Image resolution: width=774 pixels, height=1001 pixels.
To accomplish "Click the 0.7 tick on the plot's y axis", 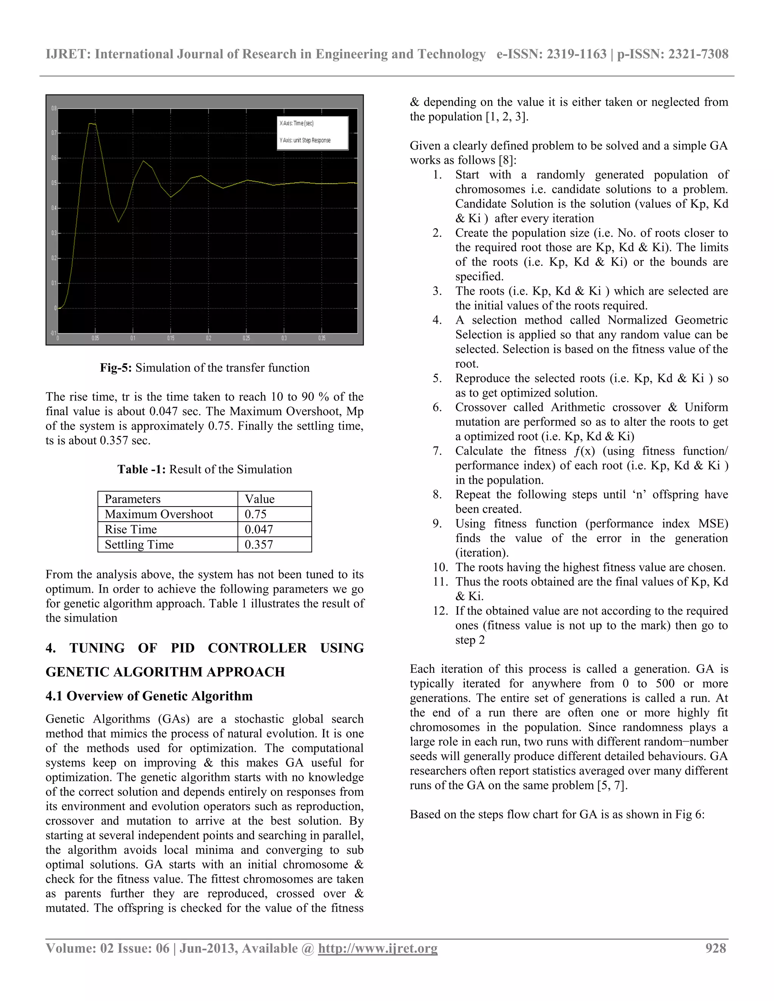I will coord(54,133).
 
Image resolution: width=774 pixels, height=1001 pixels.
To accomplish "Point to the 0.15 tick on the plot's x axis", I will coord(170,338).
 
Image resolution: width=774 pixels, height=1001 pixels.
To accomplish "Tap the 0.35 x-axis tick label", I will coord(322,338).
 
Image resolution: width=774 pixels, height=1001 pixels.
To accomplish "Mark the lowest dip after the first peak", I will coord(118,222).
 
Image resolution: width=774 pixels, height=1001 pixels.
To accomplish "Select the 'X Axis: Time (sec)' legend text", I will coord(297,123).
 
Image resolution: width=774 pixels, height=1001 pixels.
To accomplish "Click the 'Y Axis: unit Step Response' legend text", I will coord(305,140).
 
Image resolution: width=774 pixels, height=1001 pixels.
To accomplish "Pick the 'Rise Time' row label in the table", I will coord(131,529).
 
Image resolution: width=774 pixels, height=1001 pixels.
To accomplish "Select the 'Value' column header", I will coord(260,499).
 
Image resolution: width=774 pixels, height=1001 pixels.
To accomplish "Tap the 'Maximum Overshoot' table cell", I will coord(159,514).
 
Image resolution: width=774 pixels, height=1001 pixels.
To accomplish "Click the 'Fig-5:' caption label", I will coord(116,368).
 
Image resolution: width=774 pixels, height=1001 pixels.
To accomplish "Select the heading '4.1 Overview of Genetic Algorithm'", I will coord(149,696).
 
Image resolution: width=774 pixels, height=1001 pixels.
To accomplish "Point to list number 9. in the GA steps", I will coord(437,524).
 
